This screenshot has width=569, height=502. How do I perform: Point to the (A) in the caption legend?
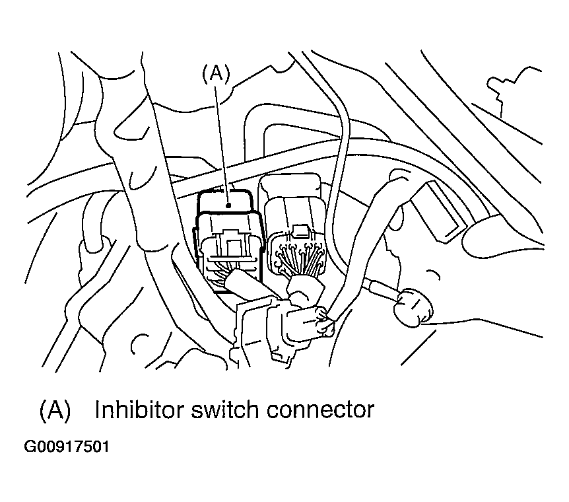55,410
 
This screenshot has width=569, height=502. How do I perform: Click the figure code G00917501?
66,447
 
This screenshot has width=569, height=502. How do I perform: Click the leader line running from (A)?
222,139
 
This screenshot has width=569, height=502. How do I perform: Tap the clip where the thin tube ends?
323,323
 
